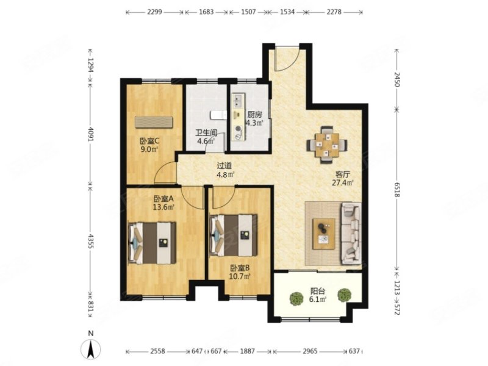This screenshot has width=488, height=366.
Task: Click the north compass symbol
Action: [x=90, y=348]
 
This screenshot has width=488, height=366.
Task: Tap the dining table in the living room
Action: [x=327, y=145]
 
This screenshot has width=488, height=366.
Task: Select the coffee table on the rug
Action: [x=324, y=234]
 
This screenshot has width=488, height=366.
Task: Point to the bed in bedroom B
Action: [x=234, y=235]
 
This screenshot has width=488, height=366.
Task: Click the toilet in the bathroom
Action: [x=218, y=115]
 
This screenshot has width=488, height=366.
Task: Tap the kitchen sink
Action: [x=239, y=101]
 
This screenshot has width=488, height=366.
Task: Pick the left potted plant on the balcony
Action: [x=296, y=299]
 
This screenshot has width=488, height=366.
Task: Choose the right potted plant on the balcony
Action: [x=344, y=295]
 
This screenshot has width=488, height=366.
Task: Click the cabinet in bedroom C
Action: [x=154, y=122]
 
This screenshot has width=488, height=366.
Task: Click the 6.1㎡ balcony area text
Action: [x=318, y=300]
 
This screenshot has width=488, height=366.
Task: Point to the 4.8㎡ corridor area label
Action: [x=226, y=174]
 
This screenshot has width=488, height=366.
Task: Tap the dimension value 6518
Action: [x=397, y=189]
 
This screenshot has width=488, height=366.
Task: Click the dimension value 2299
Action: [x=154, y=12]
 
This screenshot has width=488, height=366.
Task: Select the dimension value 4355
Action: [x=90, y=242]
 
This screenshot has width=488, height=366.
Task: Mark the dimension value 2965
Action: [x=310, y=351]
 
